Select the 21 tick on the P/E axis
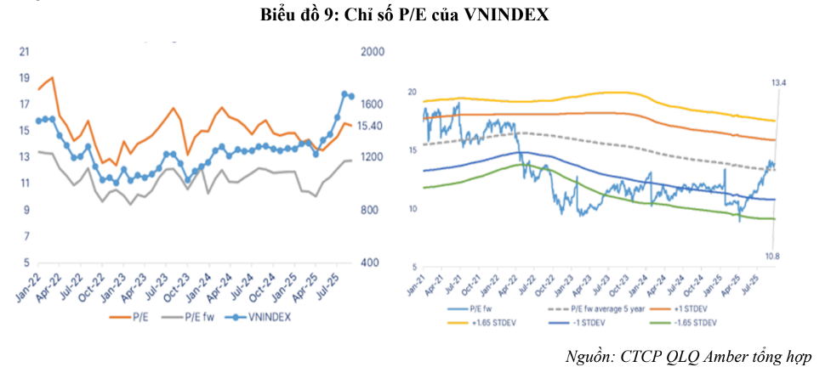point(23,51)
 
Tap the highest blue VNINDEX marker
point(345,94)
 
